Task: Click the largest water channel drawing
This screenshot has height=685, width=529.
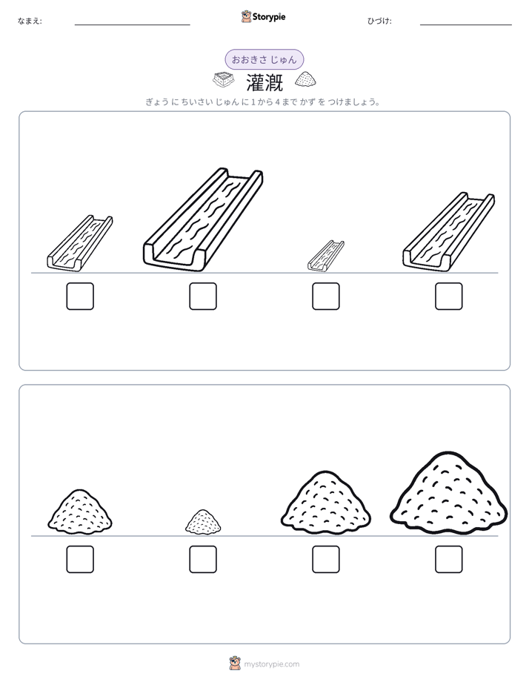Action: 203,219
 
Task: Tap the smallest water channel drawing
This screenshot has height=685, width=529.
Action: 325,256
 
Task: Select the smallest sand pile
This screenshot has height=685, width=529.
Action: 203,521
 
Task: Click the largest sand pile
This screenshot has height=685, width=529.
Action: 449,493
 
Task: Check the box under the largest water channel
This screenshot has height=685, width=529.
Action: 203,297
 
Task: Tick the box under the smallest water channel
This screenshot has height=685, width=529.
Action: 325,297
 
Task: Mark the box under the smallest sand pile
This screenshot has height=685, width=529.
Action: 203,559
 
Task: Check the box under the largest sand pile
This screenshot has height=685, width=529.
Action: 449,559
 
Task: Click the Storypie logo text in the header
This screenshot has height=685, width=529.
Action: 269,17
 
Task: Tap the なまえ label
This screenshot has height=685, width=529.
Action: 30,21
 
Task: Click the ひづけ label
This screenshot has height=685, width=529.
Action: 379,21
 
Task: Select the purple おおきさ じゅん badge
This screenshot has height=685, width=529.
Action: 264,59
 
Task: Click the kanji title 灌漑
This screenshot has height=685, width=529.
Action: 264,82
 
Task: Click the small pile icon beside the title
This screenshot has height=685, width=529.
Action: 305,79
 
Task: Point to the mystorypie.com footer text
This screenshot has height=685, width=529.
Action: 271,664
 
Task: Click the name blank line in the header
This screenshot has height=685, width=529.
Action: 132,25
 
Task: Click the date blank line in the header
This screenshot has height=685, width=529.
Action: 466,25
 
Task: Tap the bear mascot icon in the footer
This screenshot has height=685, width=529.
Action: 235,664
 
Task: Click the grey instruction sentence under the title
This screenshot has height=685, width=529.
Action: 263,102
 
